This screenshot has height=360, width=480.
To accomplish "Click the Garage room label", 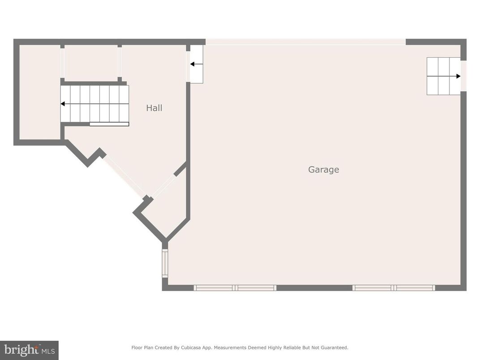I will coord(323,170).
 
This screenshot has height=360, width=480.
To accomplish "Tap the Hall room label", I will coord(154,108).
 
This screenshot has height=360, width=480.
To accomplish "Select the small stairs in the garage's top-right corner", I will coord(443,76).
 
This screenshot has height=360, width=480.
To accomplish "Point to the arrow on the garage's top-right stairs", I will coord(458,76).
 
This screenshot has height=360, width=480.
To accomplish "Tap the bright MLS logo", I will coord(29,350).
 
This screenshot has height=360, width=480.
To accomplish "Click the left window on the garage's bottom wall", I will coord(235,288).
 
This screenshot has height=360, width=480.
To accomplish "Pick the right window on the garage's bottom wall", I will coord(394,288).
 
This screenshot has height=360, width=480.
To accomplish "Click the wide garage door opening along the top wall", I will coord(305,42).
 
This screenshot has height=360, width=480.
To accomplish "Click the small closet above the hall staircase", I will coord(91,63).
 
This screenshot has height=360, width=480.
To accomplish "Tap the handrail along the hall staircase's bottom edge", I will coord(109,124).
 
